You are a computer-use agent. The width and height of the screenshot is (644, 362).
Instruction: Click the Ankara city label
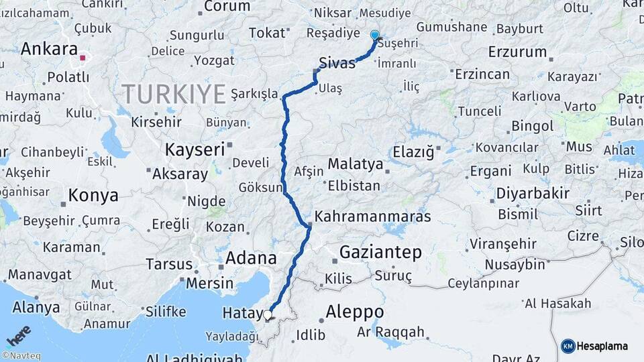pyautogui.click(x=49, y=49)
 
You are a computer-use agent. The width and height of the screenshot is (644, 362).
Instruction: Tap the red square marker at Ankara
pyautogui.click(x=83, y=58)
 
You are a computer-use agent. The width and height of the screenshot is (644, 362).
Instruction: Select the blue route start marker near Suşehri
pyautogui.click(x=374, y=35)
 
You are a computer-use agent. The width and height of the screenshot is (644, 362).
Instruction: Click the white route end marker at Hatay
pyautogui.click(x=268, y=314)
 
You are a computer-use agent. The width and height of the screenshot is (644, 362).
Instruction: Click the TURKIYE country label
pyautogui.click(x=174, y=95)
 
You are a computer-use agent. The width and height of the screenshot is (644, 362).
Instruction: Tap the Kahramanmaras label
pyautogui.click(x=372, y=217)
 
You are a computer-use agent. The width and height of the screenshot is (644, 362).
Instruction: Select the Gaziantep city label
pyautogui.click(x=380, y=253)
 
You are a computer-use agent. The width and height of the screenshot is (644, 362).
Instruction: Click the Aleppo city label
pyautogui.click(x=354, y=312)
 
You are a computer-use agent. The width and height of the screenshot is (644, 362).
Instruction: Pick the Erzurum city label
pyautogui.click(x=517, y=52)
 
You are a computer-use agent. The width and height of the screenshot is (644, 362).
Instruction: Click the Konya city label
pyautogui.click(x=93, y=196)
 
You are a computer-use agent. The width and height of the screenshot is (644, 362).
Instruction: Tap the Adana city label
pyautogui.click(x=251, y=257)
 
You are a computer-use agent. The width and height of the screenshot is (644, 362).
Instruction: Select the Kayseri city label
pyautogui.click(x=195, y=149)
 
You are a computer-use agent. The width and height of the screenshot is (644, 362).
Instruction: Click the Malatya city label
pyautogui.click(x=356, y=164)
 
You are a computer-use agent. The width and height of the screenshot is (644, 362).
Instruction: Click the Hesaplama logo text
pyautogui.click(x=602, y=346)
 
